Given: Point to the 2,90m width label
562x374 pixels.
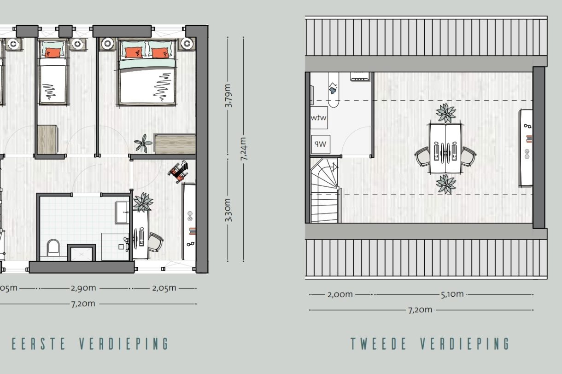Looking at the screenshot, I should click(x=83, y=288).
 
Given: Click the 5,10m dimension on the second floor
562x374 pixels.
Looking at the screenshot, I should click(x=452, y=294).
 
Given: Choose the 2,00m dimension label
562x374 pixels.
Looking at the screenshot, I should click(x=340, y=294).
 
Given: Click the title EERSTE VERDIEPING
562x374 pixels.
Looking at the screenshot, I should click(x=90, y=344).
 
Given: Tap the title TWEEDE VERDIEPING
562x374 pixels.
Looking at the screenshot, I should click(x=430, y=344).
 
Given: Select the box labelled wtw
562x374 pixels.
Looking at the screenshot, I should click(x=319, y=118).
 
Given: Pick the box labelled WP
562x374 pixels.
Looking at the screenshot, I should click(x=320, y=144).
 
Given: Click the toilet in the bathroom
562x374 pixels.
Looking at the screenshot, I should click(x=53, y=247).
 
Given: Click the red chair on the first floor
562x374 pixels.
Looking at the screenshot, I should click(x=178, y=172).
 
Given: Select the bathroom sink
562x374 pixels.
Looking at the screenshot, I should click(x=122, y=212).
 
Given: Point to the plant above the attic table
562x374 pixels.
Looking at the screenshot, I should click(x=445, y=113).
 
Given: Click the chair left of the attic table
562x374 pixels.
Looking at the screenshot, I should click(x=422, y=156).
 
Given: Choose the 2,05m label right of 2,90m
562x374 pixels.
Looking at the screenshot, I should click(x=164, y=288).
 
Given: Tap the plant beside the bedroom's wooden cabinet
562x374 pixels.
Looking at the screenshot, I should click(x=143, y=144).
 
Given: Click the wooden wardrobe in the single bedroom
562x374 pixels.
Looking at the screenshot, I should click(x=47, y=139).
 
